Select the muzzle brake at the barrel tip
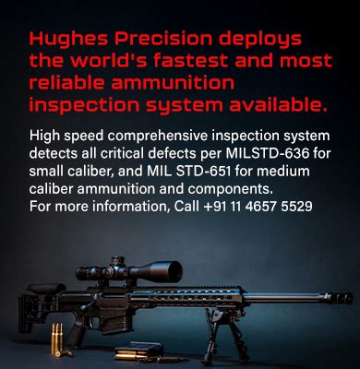coord(340,297)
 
